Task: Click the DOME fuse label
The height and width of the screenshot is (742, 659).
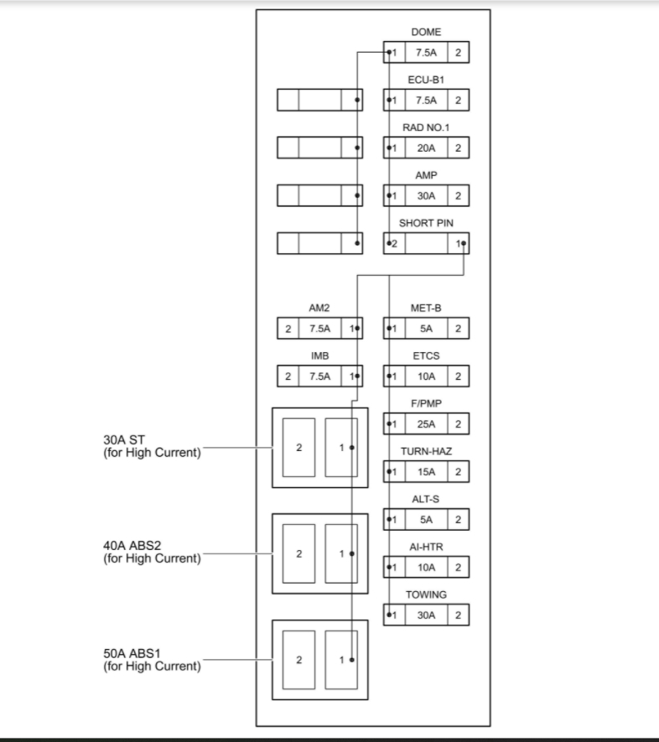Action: point(426,32)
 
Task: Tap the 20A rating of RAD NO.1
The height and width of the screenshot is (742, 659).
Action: point(426,148)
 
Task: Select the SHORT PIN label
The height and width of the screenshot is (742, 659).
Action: point(426,224)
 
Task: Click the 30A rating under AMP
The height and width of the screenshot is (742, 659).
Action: point(426,196)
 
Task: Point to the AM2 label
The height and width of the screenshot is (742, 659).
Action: point(319,309)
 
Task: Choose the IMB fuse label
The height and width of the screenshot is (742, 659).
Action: point(319,356)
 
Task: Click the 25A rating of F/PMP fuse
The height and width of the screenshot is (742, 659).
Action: point(426,424)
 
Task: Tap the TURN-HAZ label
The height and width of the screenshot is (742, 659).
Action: point(426,451)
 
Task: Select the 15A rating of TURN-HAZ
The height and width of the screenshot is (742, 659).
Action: point(426,472)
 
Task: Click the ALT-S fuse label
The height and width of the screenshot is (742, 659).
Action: point(426,499)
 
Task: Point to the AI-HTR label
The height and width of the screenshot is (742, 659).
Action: point(426,547)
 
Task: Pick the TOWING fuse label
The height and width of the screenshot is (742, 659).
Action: point(426,594)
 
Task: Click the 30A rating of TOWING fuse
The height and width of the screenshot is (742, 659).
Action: point(426,615)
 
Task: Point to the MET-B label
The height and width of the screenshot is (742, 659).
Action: point(426,309)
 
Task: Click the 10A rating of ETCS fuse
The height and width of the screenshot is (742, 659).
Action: point(426,376)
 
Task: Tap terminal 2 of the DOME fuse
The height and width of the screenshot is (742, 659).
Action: point(458,53)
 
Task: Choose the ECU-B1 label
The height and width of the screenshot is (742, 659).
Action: point(426,80)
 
